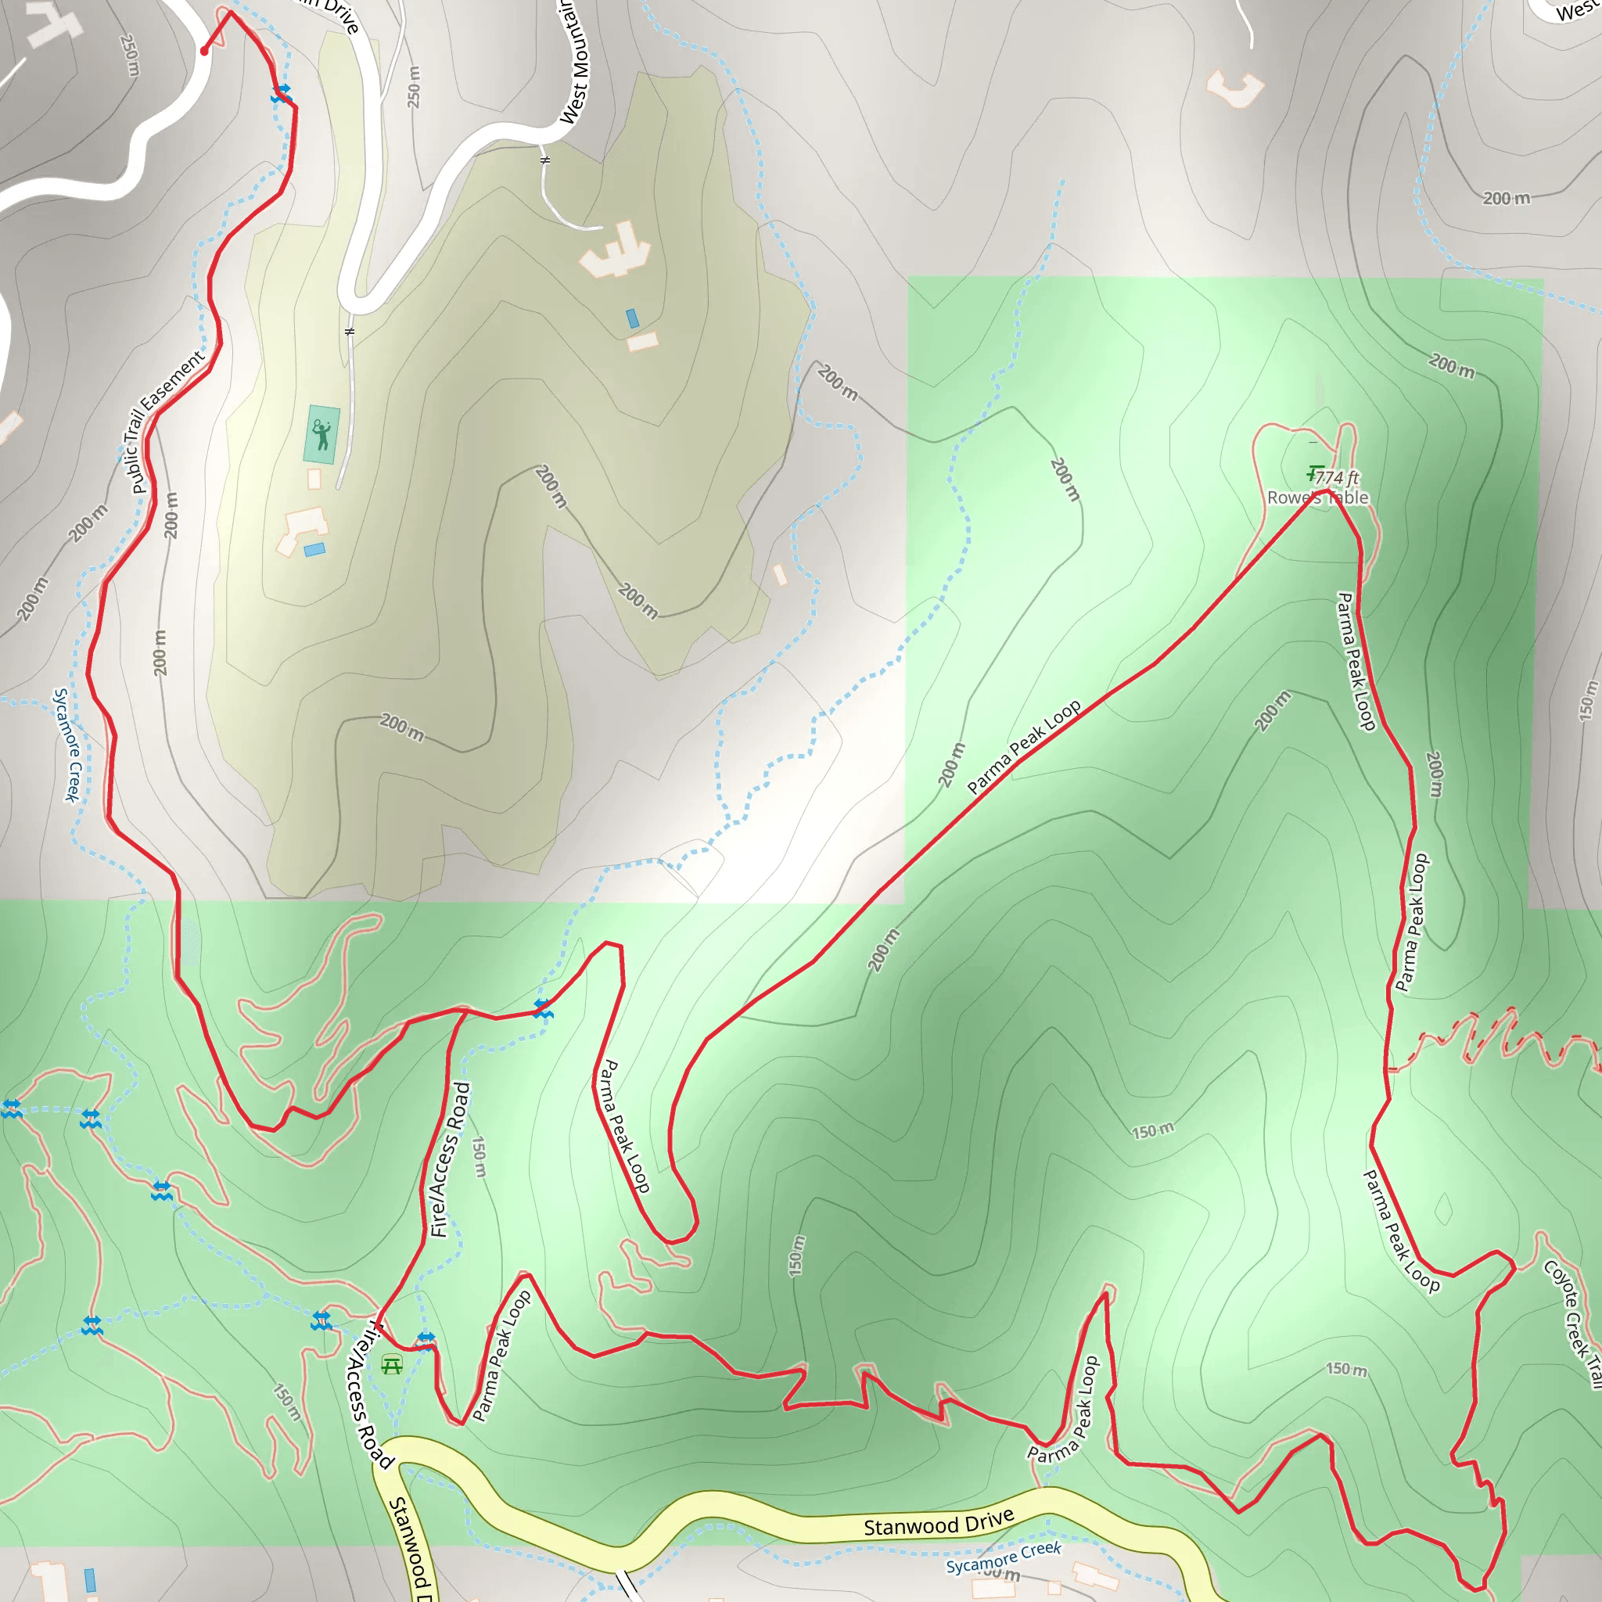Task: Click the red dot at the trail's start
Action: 204,52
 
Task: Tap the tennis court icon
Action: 321,433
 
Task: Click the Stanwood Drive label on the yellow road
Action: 939,1522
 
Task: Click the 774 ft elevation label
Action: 1337,478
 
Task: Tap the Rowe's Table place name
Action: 1317,497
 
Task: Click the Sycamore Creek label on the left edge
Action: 67,744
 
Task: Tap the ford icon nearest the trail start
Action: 281,94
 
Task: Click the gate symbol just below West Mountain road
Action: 544,160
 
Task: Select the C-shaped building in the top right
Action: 1234,88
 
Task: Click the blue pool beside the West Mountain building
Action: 633,318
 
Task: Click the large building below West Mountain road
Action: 616,251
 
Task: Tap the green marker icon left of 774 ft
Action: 1313,473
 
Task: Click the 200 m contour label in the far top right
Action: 1506,198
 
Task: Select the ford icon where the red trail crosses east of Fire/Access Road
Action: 542,1009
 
